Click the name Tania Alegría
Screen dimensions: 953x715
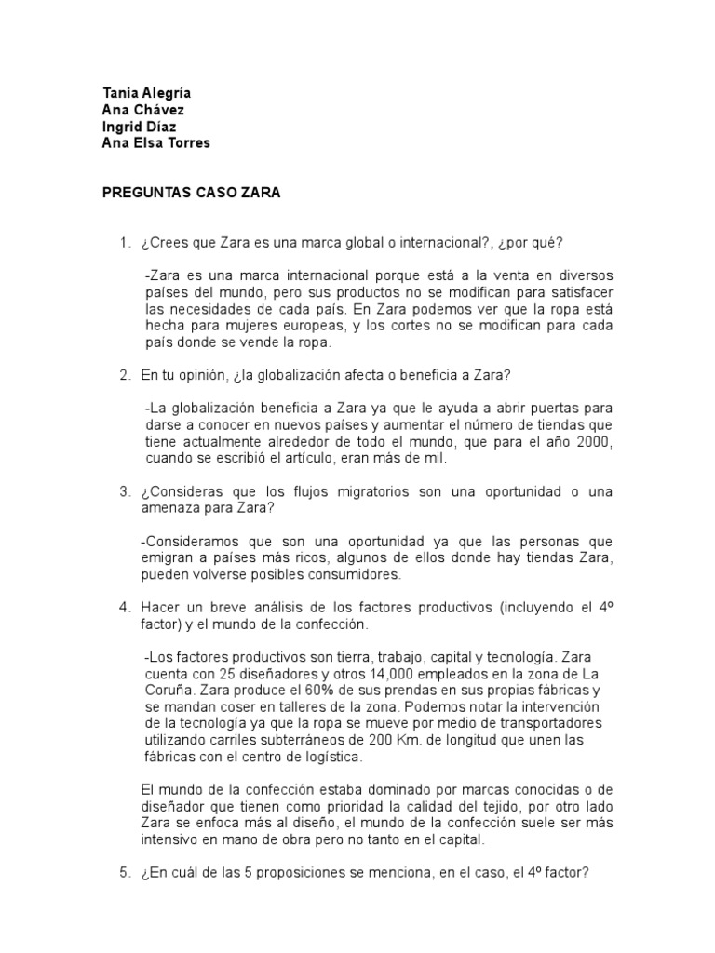[x=146, y=94]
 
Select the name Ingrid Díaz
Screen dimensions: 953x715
[x=140, y=126]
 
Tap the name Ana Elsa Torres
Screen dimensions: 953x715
[x=156, y=142]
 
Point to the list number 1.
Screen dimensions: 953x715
[x=123, y=244]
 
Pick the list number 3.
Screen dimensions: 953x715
[x=123, y=490]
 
